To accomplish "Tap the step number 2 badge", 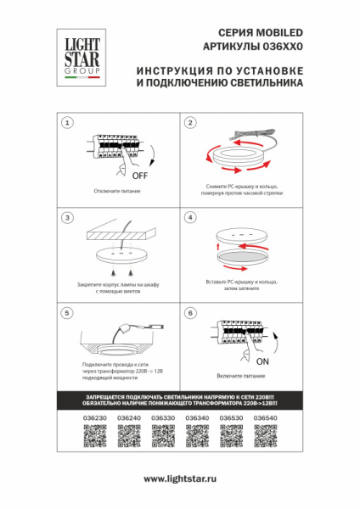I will [191, 124].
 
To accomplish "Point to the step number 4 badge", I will [191, 218].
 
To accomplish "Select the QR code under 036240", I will [129, 435].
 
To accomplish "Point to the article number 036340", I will [197, 418].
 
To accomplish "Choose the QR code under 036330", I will [163, 435].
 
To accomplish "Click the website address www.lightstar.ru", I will [180, 479].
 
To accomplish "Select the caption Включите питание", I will [239, 374].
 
